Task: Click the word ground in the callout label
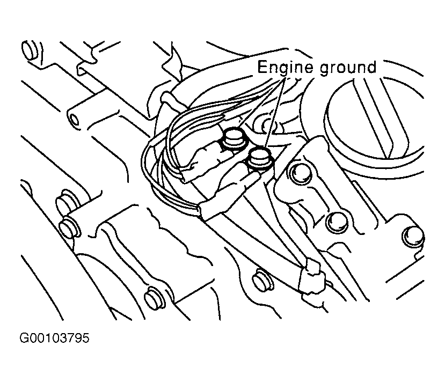(348, 69)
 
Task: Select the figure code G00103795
(54, 338)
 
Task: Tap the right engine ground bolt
(260, 158)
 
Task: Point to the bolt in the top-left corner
(31, 50)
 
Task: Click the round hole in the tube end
(75, 120)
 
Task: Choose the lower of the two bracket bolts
(337, 223)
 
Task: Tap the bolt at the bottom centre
(262, 279)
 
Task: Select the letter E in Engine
(262, 67)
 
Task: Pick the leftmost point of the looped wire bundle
(142, 165)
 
